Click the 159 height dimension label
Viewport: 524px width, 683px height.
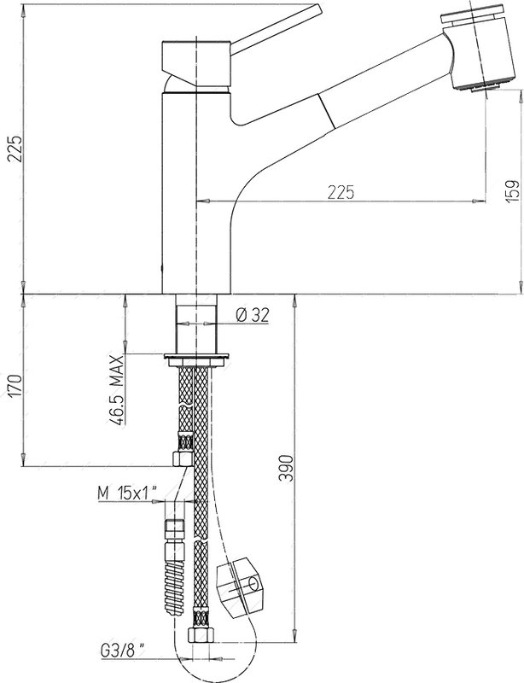point(513,191)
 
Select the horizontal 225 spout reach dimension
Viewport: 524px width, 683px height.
point(341,192)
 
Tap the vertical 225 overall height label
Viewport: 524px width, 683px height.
point(15,149)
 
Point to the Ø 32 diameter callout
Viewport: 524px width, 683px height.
point(253,315)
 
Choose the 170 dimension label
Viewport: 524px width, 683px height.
point(15,385)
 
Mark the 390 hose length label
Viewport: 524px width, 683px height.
point(286,468)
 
